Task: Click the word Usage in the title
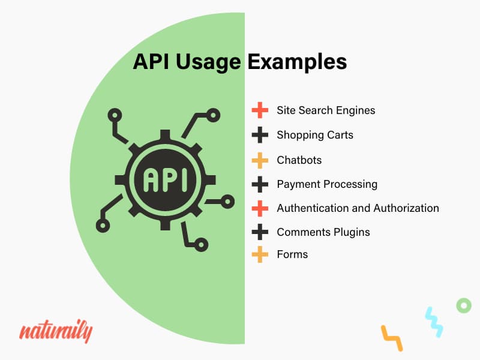[x=208, y=62]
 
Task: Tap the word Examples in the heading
[x=297, y=62]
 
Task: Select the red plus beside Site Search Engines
[x=260, y=110]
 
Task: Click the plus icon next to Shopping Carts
[x=260, y=135]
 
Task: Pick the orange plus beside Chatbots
[x=260, y=160]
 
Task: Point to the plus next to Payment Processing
[x=260, y=184]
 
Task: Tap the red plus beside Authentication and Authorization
[x=260, y=208]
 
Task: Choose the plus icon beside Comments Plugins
[x=260, y=232]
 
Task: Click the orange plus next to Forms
[x=260, y=254]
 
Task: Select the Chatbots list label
[x=299, y=160]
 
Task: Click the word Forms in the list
[x=292, y=254]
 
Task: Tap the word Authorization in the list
[x=406, y=208]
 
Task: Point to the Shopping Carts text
[x=315, y=135]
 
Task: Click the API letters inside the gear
[x=166, y=180]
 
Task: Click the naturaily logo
[x=56, y=332]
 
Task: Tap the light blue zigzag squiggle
[x=434, y=322]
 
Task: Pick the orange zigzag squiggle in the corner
[x=392, y=338]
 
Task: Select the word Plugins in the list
[x=352, y=232]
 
